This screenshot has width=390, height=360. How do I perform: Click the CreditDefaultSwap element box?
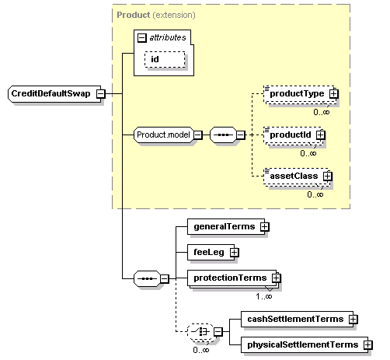(51, 93)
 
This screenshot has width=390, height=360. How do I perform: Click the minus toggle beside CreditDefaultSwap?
(101, 93)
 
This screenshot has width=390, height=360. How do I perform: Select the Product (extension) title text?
(155, 15)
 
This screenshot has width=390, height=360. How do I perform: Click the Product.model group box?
(162, 135)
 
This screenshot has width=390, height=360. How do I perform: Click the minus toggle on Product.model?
(198, 135)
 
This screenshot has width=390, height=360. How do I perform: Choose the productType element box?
(295, 93)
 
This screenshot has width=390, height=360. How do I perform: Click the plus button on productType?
(333, 93)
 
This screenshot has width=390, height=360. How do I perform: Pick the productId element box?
(289, 135)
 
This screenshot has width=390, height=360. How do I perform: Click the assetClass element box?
(292, 176)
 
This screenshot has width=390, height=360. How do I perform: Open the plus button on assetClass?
(327, 176)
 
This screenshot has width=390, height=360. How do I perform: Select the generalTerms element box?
(222, 225)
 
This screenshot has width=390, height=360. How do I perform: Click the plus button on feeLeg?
(234, 252)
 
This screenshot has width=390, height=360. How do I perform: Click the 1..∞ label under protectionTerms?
(264, 296)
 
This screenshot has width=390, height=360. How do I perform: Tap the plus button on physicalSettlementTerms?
(366, 344)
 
